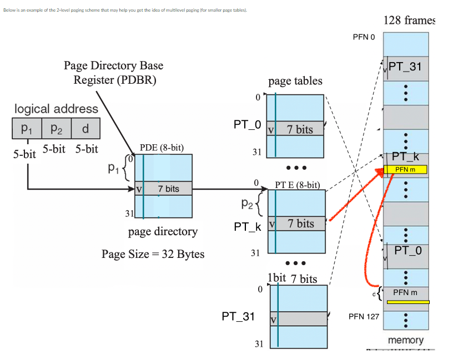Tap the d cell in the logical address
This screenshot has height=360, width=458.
[85, 129]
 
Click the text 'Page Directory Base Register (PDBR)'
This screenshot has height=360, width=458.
[113, 73]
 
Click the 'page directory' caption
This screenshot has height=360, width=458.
[163, 231]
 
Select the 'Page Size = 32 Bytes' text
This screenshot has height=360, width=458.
[153, 254]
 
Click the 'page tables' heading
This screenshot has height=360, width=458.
[295, 81]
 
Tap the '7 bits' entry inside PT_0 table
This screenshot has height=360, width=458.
[300, 129]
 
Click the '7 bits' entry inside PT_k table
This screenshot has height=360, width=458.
[300, 224]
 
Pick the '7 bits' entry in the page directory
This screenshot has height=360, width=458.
[168, 189]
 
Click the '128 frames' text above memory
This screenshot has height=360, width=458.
[409, 21]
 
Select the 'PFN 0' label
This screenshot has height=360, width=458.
[364, 37]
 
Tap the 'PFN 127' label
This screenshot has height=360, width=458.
[364, 316]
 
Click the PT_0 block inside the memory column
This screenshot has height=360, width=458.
[407, 251]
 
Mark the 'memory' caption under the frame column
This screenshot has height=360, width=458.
[405, 340]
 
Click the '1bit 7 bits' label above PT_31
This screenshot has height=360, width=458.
[292, 278]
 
